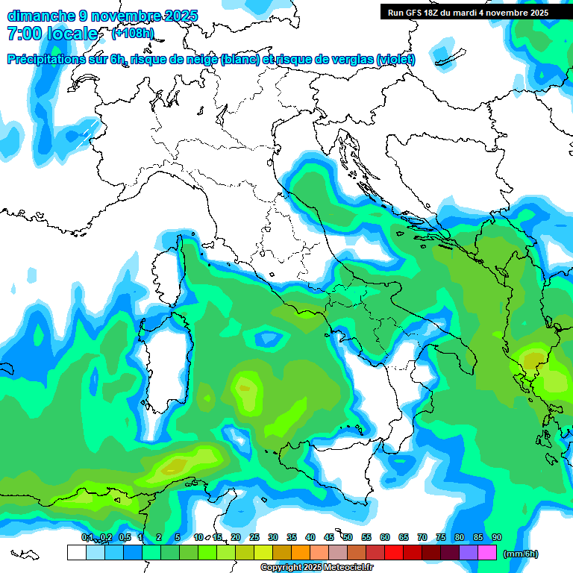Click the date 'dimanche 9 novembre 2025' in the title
[102, 16]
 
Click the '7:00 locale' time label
[52, 34]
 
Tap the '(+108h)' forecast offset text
[133, 33]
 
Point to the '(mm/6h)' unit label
[521, 554]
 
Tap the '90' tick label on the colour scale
[497, 537]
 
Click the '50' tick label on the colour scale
[348, 537]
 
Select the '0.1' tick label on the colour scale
[87, 537]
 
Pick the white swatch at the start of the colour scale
[76, 552]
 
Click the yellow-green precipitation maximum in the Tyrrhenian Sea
[245, 386]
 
